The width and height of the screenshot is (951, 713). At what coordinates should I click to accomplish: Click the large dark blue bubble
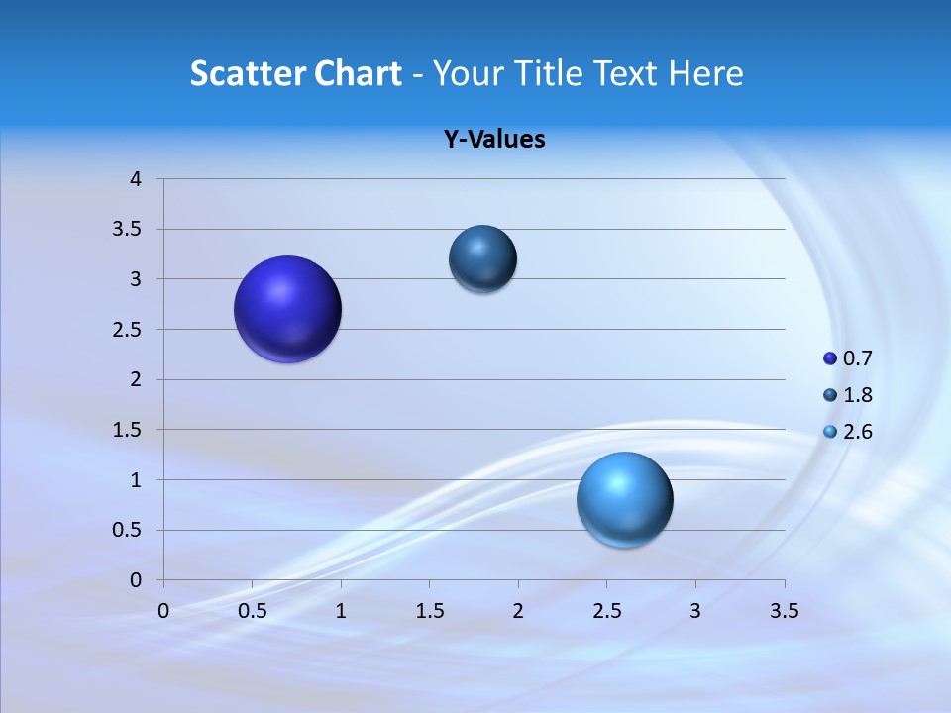(288, 309)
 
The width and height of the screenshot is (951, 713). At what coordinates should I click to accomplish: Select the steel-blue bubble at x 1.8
(482, 258)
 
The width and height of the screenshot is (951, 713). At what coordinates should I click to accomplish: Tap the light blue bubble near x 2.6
(624, 499)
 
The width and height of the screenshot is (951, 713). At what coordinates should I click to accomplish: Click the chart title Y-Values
(493, 140)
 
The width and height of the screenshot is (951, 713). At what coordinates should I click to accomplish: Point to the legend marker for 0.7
(830, 358)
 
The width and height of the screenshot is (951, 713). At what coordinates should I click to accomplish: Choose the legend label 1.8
(857, 395)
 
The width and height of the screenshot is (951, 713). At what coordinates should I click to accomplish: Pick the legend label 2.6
(857, 432)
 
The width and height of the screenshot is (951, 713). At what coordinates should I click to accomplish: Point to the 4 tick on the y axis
(136, 179)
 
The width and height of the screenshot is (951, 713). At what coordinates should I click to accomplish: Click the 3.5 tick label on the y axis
(130, 230)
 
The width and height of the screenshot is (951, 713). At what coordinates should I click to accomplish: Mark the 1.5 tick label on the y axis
(130, 430)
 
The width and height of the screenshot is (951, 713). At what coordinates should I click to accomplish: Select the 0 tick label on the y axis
(136, 580)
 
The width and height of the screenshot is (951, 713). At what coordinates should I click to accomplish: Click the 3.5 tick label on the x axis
(784, 611)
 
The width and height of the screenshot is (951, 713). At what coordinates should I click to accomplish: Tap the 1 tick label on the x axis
(341, 611)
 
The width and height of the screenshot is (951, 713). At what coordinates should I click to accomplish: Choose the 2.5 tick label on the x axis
(606, 611)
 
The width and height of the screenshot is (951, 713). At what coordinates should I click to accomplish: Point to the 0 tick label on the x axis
(163, 611)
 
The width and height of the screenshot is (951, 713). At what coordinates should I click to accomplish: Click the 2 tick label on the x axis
(518, 611)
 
